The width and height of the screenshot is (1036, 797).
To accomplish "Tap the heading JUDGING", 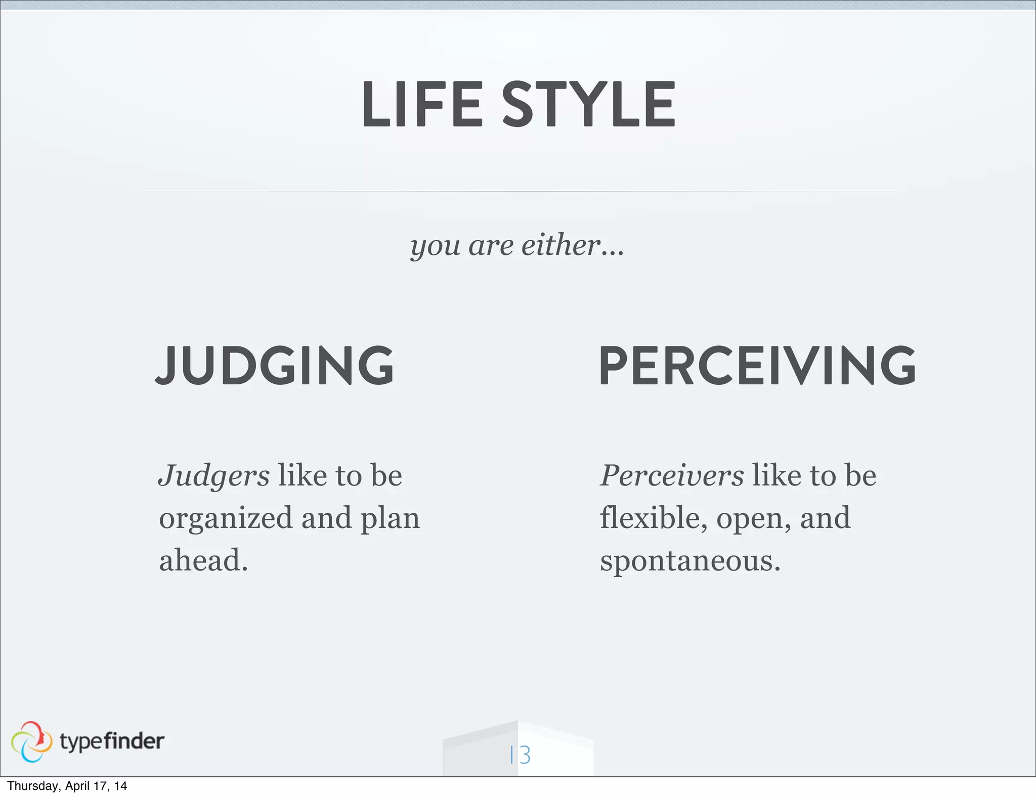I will (x=275, y=365).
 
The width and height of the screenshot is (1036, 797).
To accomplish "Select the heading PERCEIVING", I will (x=757, y=365).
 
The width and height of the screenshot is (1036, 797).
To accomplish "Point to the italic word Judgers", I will (x=214, y=476).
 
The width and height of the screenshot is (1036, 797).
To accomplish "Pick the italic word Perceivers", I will (x=672, y=476).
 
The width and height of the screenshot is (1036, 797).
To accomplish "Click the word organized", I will (x=226, y=519).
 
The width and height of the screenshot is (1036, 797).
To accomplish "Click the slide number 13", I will (x=520, y=755).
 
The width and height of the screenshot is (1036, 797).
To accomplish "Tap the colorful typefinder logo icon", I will (x=31, y=741).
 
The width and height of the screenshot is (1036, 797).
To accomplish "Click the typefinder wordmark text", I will (x=112, y=741).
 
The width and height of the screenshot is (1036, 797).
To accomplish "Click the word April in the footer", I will (x=77, y=786).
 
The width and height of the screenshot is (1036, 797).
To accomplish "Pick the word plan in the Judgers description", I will (x=390, y=519).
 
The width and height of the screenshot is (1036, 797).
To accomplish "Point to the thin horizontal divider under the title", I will (x=518, y=192).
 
